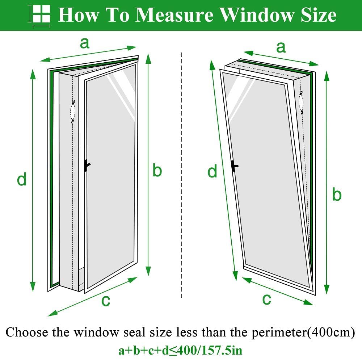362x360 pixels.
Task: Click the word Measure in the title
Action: [x=174, y=15]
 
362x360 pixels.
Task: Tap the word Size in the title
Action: [x=318, y=15]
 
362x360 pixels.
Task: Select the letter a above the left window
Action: [x=84, y=43]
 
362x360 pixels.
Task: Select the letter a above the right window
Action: [x=281, y=47]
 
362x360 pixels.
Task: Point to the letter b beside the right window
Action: [x=337, y=194]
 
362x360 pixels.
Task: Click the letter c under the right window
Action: [x=266, y=299]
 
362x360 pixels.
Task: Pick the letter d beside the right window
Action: [x=212, y=171]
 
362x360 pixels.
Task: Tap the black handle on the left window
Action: [x=87, y=166]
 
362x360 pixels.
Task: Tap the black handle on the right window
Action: [x=234, y=166]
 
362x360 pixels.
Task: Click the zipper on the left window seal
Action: [x=73, y=112]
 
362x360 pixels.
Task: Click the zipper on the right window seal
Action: [x=301, y=102]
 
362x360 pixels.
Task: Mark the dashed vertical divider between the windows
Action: [x=182, y=175]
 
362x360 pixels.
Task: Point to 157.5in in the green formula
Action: [x=222, y=350]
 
